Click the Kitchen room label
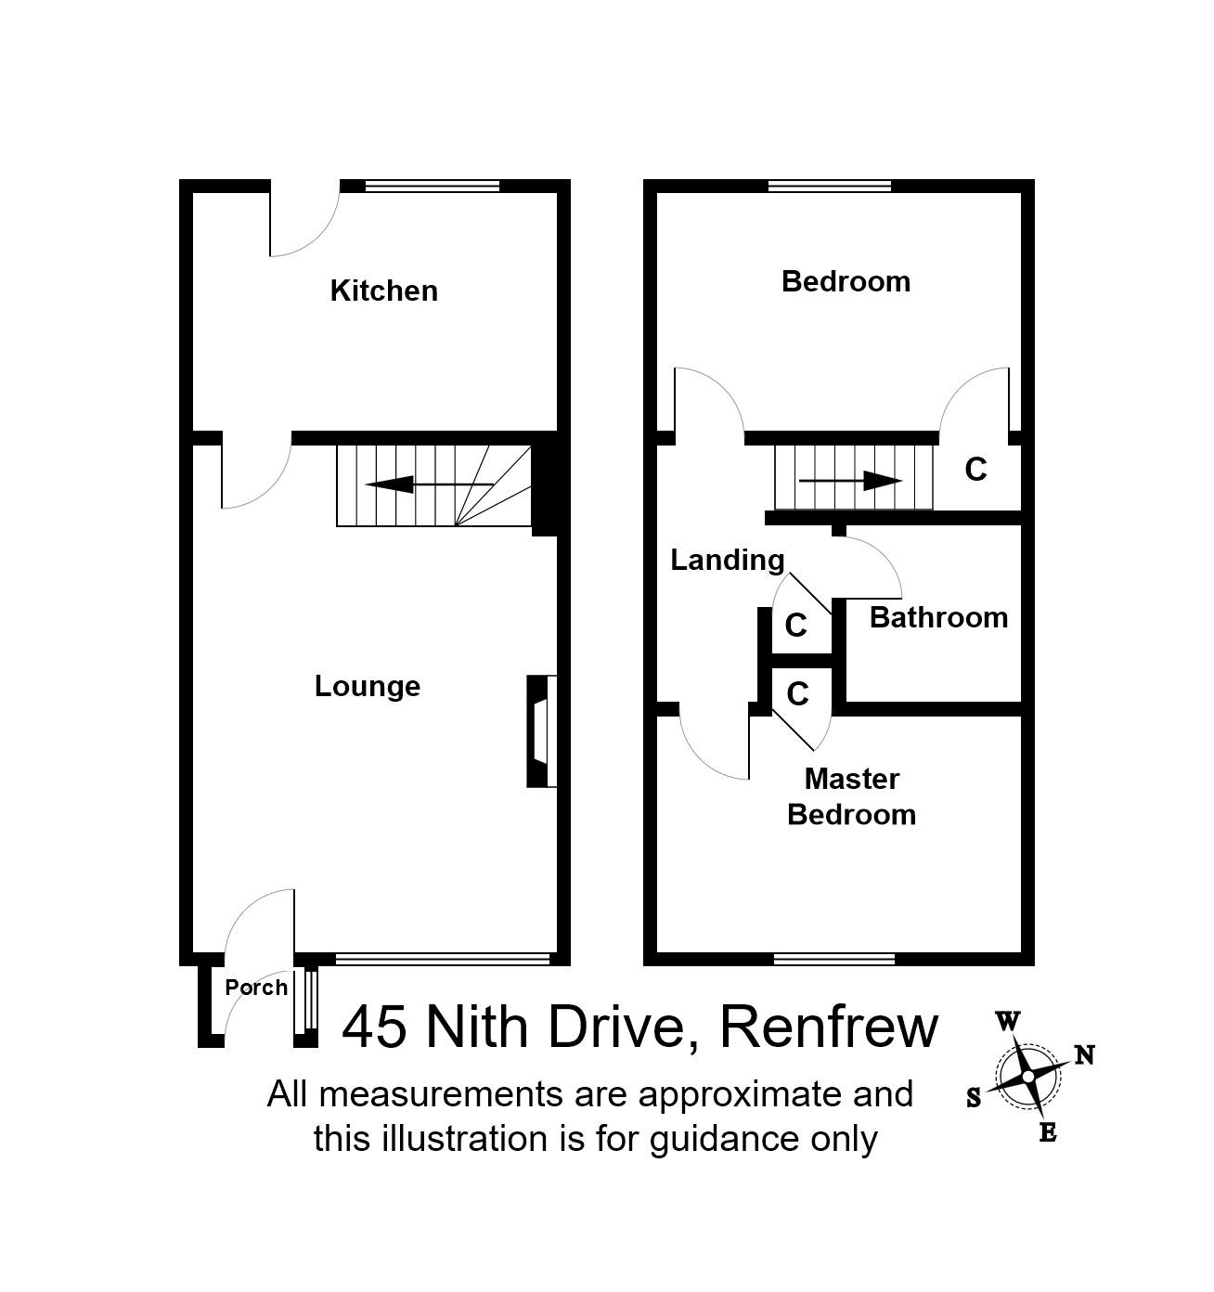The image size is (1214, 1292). pos(383,291)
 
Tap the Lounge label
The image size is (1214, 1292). pos(368,686)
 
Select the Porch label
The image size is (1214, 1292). pos(256,988)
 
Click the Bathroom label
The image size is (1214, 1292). pos(938,617)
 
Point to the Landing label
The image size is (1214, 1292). pos(728,560)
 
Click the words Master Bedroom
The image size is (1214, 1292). pos(851,796)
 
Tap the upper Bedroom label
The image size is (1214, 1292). pos(846,281)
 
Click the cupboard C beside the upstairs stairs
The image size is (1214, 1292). pos(975,471)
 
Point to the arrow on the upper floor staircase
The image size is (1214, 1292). pos(850,481)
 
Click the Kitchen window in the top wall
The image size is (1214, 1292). pos(432,187)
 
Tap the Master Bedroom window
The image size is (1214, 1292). pos(834,959)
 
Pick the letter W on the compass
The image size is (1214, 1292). pos(1008,1023)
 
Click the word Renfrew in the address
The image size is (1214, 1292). pos(829,1027)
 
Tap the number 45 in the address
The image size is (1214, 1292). pos(375,1027)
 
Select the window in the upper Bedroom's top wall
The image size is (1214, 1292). pos(830,187)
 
